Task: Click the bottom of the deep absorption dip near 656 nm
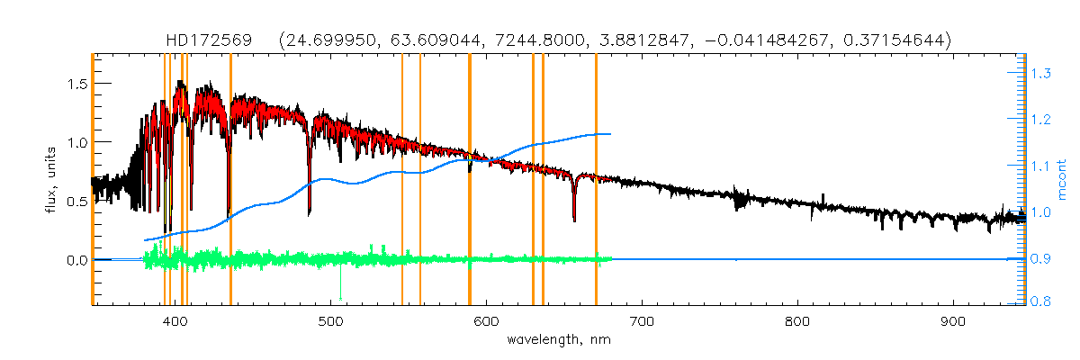pyautogui.click(x=574, y=220)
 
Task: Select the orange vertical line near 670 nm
pyautogui.click(x=596, y=180)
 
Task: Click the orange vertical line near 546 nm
pyautogui.click(x=401, y=180)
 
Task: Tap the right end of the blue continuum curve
pyautogui.click(x=611, y=134)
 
